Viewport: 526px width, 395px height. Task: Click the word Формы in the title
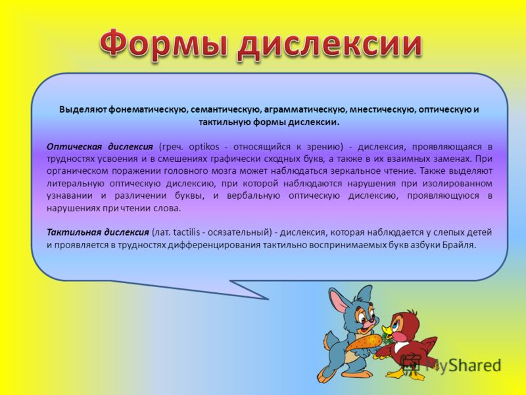coord(165,43)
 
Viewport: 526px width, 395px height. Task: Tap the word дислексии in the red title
coord(330,45)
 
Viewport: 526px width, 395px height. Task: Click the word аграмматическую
coord(304,110)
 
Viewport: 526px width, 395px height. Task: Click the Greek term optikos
coord(204,147)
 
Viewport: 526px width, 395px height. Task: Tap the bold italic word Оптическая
coord(74,147)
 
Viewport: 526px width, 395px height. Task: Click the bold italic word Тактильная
coord(74,232)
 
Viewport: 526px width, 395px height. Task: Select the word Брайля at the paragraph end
coord(460,245)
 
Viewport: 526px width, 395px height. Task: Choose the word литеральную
coord(75,184)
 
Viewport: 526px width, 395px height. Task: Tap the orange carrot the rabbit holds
coord(365,342)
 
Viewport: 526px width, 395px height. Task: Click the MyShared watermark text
coord(463,366)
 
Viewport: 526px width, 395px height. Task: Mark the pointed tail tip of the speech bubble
coord(268,299)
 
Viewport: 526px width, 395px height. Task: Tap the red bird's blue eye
coord(396,325)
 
